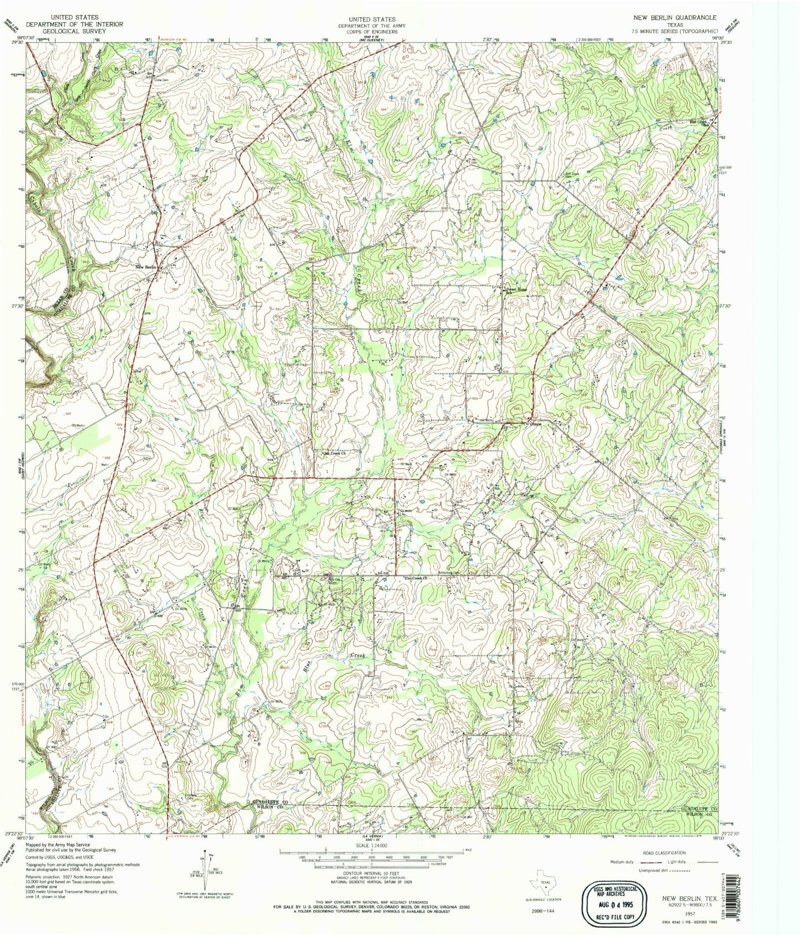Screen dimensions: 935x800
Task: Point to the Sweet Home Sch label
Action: point(515,291)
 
